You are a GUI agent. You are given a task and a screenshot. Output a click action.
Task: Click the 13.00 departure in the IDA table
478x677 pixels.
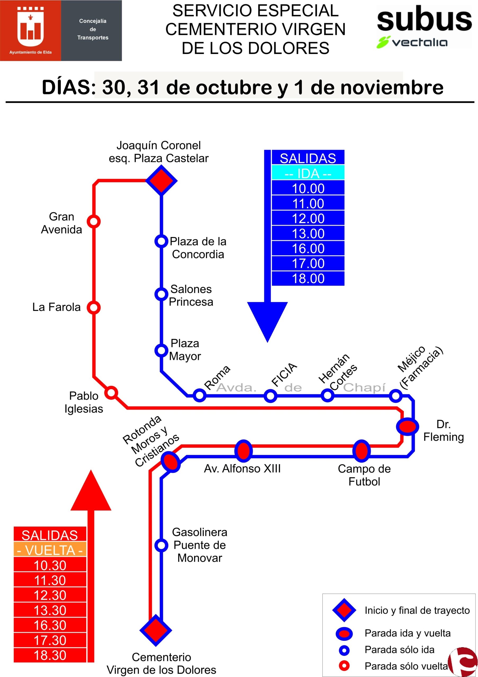point(308,234)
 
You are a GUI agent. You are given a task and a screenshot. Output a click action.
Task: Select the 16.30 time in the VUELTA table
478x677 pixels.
point(50,625)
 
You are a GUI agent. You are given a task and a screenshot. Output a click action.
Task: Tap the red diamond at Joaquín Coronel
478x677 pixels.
point(161,180)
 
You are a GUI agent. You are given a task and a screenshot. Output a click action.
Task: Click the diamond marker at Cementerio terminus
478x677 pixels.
point(156,630)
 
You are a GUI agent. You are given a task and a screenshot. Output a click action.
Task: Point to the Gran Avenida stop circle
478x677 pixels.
point(94,221)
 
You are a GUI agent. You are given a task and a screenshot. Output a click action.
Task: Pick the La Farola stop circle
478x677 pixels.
point(94,308)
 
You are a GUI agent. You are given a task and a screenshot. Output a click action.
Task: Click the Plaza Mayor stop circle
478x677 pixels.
point(161,350)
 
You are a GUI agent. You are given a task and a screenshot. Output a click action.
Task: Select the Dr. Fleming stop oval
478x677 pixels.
point(407,426)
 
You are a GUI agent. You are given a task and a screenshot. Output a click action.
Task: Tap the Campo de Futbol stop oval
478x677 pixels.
point(362,451)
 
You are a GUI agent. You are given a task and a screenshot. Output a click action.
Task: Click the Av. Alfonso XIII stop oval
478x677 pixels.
point(243,451)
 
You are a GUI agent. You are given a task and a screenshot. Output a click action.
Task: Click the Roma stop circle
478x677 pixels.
point(200,395)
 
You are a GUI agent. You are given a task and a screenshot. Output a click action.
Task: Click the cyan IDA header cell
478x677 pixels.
point(308,173)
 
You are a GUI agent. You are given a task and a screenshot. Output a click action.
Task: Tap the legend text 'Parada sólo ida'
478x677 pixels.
point(399,649)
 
